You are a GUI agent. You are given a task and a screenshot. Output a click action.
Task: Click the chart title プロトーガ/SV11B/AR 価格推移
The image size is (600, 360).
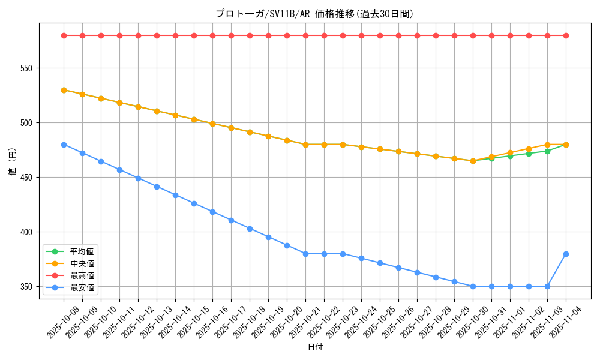tap(314, 14)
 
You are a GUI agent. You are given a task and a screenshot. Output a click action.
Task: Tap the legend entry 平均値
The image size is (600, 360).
tap(82, 251)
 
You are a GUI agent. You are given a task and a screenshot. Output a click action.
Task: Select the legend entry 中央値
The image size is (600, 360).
tap(82, 263)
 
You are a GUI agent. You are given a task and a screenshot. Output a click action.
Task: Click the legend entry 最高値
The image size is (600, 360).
tap(82, 275)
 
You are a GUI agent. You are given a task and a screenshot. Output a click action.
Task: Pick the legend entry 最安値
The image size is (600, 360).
tap(82, 287)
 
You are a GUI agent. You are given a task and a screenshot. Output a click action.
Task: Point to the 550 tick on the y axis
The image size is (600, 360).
tap(26, 68)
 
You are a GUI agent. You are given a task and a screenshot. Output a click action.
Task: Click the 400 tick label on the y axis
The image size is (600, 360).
tap(26, 232)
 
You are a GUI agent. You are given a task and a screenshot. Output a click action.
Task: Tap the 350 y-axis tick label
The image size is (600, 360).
tap(26, 287)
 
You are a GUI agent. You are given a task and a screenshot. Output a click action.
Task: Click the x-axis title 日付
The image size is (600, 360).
tap(315, 347)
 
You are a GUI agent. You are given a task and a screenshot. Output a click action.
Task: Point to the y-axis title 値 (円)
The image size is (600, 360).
tap(12, 161)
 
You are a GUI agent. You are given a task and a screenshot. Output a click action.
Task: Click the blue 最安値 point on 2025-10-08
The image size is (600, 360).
tap(64, 145)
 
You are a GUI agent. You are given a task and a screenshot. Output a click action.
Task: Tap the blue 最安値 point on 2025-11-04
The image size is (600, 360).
tap(566, 254)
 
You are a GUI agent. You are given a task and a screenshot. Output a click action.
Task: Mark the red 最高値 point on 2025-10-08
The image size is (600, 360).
tap(64, 35)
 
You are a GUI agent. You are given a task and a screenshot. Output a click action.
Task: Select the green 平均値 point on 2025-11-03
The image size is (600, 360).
tap(547, 151)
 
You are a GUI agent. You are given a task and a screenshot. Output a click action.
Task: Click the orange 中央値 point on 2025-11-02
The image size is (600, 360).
tap(529, 149)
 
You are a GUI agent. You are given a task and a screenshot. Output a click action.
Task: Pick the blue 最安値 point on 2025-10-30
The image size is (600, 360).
tap(473, 286)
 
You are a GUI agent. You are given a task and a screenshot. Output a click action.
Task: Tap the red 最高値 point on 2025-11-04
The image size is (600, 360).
tap(566, 35)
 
